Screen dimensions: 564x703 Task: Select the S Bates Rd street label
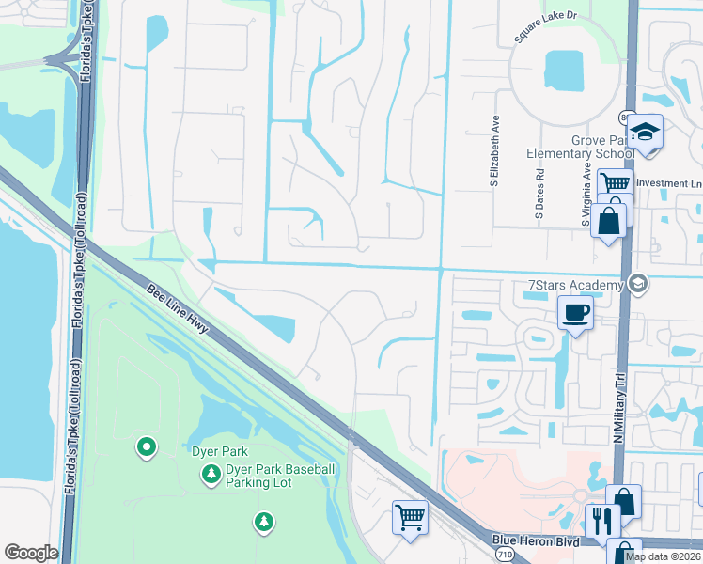(540, 194)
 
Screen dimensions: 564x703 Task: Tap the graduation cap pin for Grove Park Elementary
(646, 133)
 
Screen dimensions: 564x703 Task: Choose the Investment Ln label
(669, 183)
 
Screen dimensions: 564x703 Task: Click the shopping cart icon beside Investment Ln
(615, 183)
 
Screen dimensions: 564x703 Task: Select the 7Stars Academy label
(576, 285)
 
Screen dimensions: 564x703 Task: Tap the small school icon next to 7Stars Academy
(637, 284)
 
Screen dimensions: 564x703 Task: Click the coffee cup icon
(574, 312)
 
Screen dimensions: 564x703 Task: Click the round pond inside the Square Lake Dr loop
(564, 68)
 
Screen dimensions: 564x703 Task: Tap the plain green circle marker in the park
(146, 447)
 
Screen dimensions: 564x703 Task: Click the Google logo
(31, 553)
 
